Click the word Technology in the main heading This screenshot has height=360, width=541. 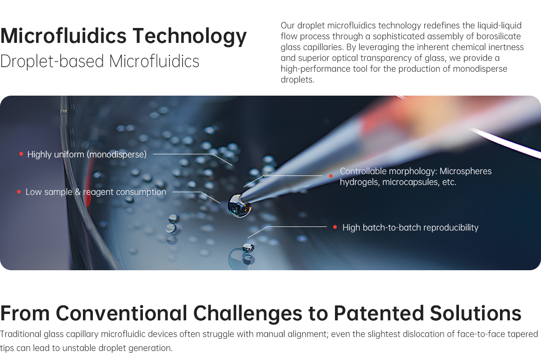[190, 36]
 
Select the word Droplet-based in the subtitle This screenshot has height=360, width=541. [52, 61]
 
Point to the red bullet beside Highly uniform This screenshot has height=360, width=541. [21, 154]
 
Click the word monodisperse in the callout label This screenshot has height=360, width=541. [116, 155]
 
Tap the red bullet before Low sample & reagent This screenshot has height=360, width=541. [19, 192]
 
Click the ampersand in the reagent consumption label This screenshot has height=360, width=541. [78, 192]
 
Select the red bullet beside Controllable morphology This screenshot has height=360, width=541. [331, 176]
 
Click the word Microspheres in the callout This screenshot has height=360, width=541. [465, 171]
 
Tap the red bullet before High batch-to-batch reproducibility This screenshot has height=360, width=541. [335, 227]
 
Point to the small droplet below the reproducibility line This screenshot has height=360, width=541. [248, 247]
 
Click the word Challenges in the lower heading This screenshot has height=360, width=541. [248, 314]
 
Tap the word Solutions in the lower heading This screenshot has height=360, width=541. [476, 313]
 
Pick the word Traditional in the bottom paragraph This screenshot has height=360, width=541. [21, 334]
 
